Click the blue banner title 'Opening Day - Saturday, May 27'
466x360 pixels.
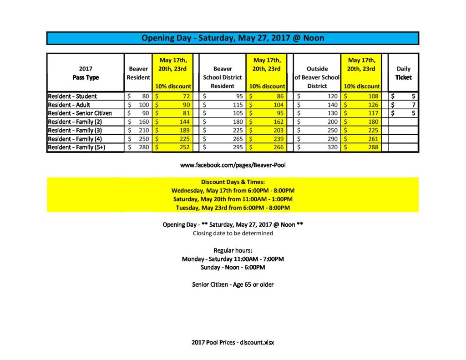click(x=233, y=38)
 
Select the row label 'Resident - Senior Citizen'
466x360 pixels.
click(x=80, y=113)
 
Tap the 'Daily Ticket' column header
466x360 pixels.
click(x=403, y=73)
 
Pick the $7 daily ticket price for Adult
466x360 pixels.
click(x=413, y=105)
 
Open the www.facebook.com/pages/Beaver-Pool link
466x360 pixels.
click(x=233, y=165)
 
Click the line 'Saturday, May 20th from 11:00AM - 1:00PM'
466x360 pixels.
click(x=233, y=199)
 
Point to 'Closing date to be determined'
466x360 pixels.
click(x=233, y=233)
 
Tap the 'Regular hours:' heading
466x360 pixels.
click(x=233, y=250)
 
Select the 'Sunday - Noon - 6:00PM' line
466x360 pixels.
click(x=233, y=268)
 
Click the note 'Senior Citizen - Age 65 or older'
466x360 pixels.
click(x=233, y=285)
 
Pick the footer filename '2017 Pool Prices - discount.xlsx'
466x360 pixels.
click(x=233, y=342)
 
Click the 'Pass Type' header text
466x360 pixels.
click(x=86, y=77)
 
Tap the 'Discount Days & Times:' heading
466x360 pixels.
click(x=233, y=182)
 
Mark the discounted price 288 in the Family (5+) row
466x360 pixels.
click(x=373, y=147)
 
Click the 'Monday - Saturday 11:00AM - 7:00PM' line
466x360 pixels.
click(x=233, y=259)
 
